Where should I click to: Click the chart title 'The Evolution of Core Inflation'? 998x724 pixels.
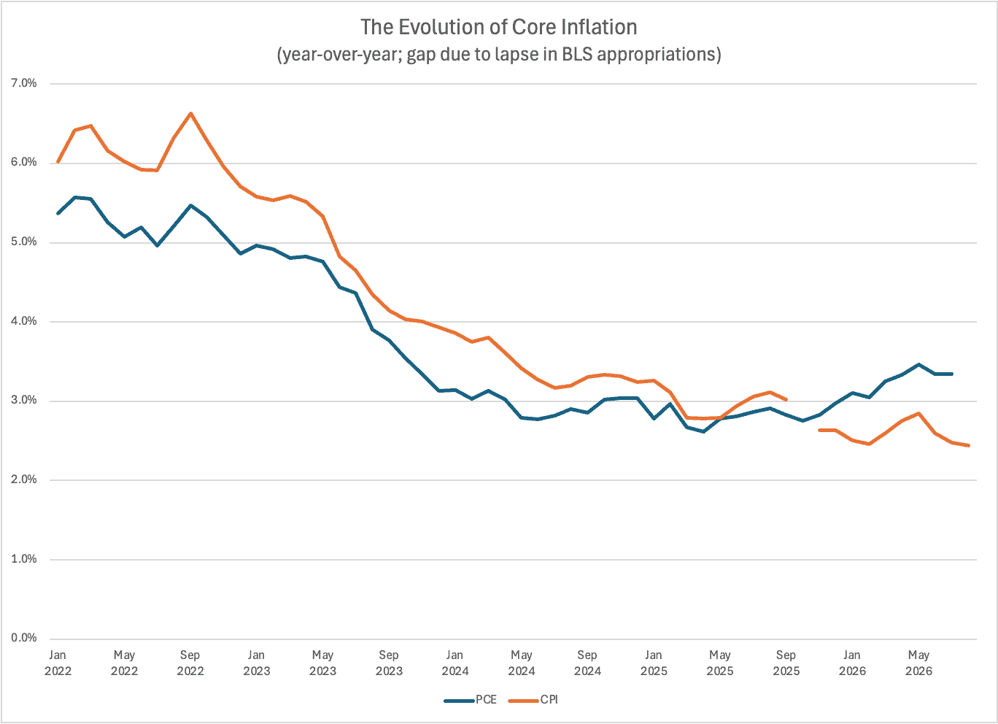(498, 27)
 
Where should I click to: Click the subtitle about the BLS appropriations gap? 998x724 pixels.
(498, 55)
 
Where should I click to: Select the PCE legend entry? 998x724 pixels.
(470, 699)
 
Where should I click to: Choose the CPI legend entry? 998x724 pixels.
(533, 699)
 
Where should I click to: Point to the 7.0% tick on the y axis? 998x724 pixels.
(23, 83)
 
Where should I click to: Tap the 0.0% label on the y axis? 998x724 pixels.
(23, 637)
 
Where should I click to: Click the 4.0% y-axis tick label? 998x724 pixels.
(23, 321)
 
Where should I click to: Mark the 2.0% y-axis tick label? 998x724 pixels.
(23, 480)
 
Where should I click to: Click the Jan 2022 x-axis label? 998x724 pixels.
(58, 663)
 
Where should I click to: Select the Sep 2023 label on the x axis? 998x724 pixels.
(389, 663)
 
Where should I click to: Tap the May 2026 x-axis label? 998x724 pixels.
(918, 663)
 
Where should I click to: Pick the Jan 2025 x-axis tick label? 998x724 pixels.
(654, 663)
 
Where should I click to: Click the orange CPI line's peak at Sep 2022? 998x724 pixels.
(190, 113)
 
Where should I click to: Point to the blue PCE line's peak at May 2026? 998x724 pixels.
(918, 365)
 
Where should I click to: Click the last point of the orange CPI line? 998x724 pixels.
(969, 445)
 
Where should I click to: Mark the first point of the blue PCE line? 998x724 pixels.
(58, 214)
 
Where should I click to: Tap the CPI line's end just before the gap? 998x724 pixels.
(786, 400)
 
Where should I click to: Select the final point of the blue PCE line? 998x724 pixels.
(952, 374)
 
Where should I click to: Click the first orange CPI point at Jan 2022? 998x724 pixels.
(58, 162)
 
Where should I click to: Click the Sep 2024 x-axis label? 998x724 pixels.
(587, 663)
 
